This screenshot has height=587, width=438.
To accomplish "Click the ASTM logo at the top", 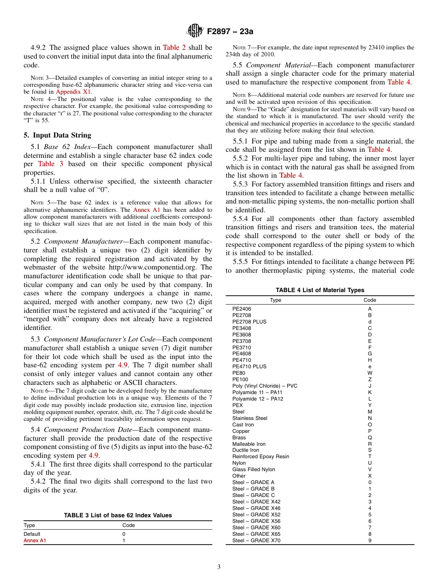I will pyautogui.click(x=195, y=31).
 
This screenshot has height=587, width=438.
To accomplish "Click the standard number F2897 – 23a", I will pyautogui.click(x=230, y=31).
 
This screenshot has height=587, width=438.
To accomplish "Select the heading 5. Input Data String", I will pyautogui.click(x=57, y=135).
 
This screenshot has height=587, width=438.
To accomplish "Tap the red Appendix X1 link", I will pyautogui.click(x=73, y=91).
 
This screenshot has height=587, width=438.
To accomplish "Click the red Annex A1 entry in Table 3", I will pyautogui.click(x=35, y=540).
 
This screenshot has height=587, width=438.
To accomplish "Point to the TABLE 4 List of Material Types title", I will pyautogui.click(x=320, y=290).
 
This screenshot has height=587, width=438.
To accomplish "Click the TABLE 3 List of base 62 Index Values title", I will pyautogui.click(x=118, y=515).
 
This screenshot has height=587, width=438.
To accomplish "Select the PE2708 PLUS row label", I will pyautogui.click(x=249, y=322).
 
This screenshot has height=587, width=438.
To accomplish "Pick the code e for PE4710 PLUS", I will pyautogui.click(x=369, y=366).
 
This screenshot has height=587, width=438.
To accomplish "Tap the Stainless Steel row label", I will pyautogui.click(x=249, y=418).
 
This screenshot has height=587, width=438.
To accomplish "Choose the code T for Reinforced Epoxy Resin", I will pyautogui.click(x=369, y=456).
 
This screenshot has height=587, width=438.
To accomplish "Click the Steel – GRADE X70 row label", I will pyautogui.click(x=256, y=540).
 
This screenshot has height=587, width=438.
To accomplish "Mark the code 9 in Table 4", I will pyautogui.click(x=369, y=540).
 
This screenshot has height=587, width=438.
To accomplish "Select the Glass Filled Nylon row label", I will pyautogui.click(x=254, y=469).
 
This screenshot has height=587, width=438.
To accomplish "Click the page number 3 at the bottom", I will pyautogui.click(x=219, y=567).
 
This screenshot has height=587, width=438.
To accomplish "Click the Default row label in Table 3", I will pyautogui.click(x=32, y=534).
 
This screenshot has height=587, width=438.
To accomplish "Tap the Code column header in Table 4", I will pyautogui.click(x=369, y=300).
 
